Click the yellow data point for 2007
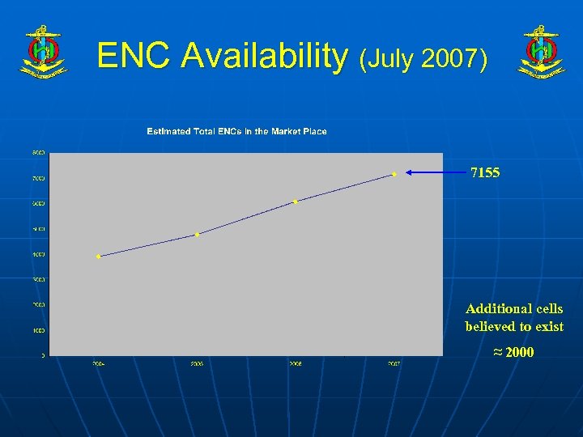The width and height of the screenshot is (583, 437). (x=394, y=173)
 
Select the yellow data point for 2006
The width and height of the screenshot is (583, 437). (x=296, y=202)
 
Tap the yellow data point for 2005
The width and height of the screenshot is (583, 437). (x=197, y=235)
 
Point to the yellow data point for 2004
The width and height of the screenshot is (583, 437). (x=98, y=257)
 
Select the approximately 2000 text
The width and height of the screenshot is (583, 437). (x=513, y=352)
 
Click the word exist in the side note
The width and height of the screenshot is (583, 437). (x=547, y=326)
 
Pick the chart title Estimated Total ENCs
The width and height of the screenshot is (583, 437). (x=236, y=131)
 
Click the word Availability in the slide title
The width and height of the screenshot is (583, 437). (x=263, y=56)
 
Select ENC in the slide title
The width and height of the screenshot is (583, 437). (x=134, y=56)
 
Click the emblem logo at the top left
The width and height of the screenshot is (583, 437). (x=43, y=51)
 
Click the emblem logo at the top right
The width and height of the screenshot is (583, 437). (x=541, y=51)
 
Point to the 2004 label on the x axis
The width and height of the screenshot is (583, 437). (x=98, y=364)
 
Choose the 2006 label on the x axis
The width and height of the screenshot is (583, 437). (x=296, y=364)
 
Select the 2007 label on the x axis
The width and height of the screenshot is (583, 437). (x=394, y=364)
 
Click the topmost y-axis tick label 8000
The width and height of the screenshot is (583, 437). (x=38, y=152)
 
